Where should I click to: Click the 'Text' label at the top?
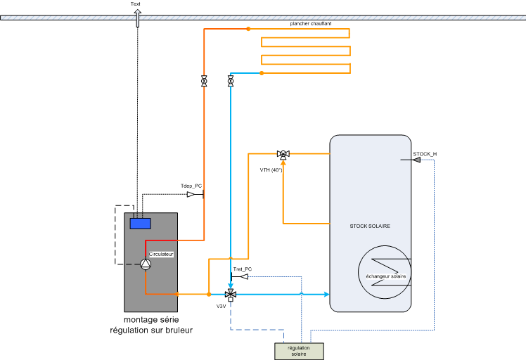point(136,4)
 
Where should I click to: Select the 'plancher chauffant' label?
point(311,24)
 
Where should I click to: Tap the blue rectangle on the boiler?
point(141,224)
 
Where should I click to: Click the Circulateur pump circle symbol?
point(146,264)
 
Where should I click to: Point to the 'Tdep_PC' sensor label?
point(191,186)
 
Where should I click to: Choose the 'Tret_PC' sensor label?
point(242,269)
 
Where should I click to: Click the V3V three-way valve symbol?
point(230,293)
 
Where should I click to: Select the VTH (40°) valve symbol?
point(283,154)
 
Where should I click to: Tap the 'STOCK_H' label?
point(425,153)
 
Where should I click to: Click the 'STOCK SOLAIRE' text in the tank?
point(370,226)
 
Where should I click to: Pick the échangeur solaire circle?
point(385,271)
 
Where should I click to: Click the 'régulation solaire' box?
point(299,350)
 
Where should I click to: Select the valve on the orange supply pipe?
point(204,82)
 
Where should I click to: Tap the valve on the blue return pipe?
point(231,82)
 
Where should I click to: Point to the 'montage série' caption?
point(151,320)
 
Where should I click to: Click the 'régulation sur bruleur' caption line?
point(151,330)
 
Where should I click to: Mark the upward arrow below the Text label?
point(136,19)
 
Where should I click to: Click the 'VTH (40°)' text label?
point(271,169)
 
